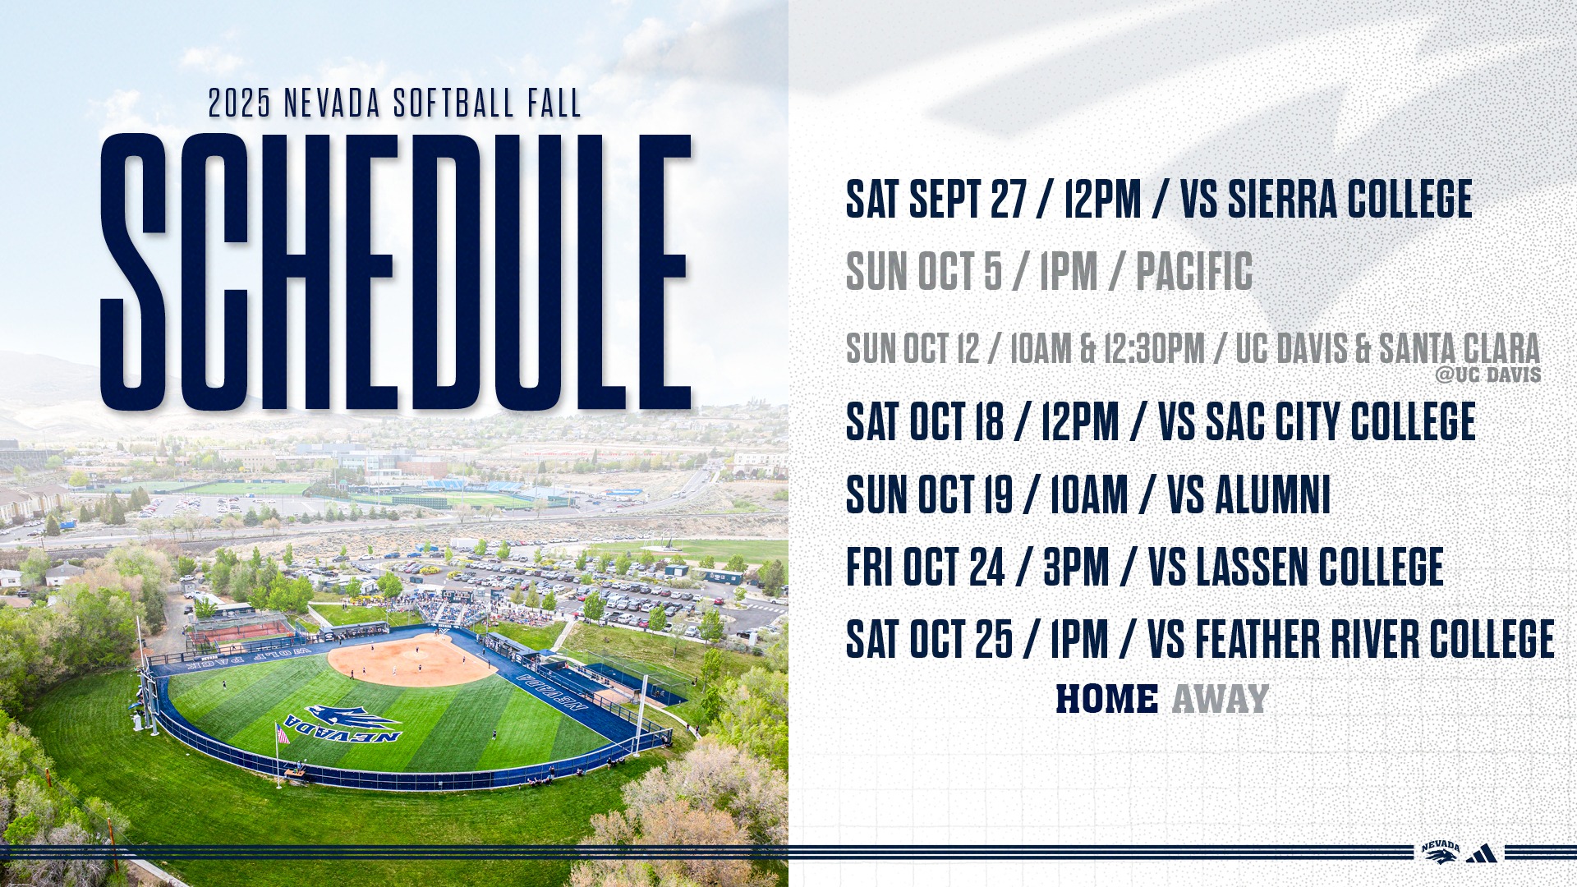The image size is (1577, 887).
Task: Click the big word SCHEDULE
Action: (395, 271)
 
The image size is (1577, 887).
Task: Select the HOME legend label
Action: (1106, 700)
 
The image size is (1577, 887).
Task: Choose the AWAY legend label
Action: (1220, 700)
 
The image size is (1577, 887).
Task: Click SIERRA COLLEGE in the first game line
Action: (1349, 200)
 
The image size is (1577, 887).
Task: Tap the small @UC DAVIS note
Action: (1487, 375)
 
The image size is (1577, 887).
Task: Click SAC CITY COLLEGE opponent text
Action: (1340, 422)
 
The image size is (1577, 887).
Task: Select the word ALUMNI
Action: (1272, 495)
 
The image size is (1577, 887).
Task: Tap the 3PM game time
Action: (1075, 568)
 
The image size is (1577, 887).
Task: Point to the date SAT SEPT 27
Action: (936, 200)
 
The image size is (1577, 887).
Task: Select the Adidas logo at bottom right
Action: (1481, 854)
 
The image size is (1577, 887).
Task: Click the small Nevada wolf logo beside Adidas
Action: (1441, 853)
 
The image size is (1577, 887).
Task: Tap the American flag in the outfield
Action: (282, 733)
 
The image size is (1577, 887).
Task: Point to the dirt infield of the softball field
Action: (411, 660)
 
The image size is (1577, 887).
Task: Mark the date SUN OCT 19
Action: (929, 495)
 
